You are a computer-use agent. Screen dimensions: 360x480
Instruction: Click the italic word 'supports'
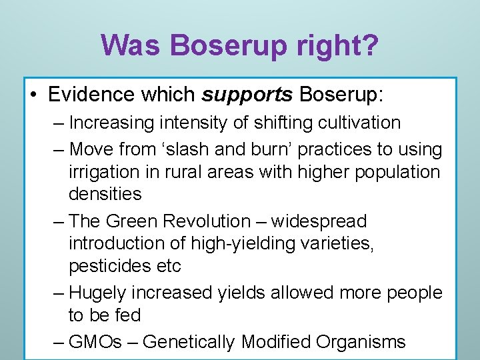tap(247, 95)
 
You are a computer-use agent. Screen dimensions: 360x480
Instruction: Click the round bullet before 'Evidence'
tap(34, 95)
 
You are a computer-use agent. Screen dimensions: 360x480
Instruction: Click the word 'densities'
tap(105, 194)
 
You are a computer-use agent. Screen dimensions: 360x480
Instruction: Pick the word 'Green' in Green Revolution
tap(130, 221)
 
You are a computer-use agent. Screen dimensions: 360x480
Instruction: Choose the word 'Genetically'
tap(189, 342)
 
